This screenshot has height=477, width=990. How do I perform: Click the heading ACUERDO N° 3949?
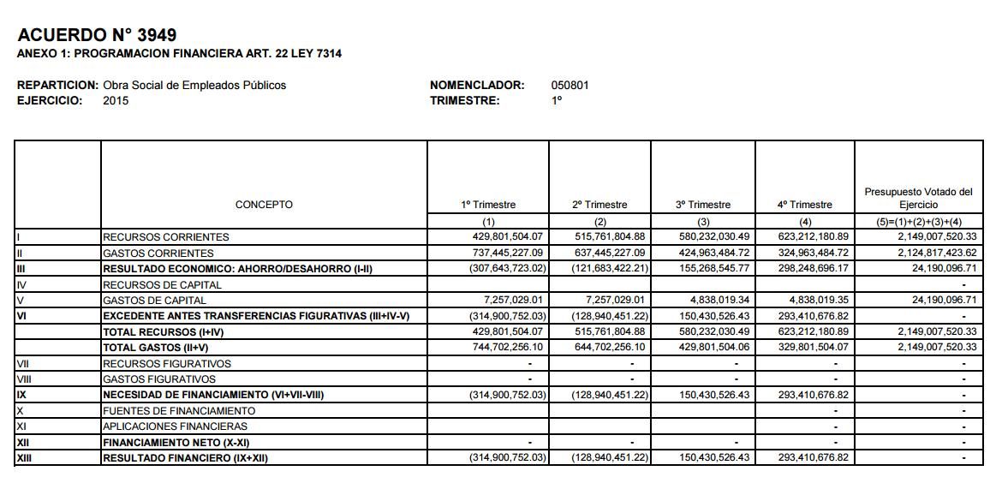tap(97, 35)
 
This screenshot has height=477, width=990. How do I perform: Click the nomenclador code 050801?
tap(570, 86)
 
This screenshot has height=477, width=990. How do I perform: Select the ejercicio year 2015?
tap(116, 101)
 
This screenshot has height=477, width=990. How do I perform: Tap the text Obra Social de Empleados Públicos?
tap(194, 86)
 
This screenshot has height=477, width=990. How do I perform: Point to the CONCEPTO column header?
tap(264, 205)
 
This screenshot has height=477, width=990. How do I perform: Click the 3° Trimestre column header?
tap(703, 205)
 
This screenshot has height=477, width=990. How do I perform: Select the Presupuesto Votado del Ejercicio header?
tap(918, 199)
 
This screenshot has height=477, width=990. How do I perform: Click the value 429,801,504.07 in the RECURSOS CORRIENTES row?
tap(508, 236)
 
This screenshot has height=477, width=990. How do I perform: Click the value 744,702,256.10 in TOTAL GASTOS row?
tap(508, 348)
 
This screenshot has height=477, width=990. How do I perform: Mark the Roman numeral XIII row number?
tap(23, 458)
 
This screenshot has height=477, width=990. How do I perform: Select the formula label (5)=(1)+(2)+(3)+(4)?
tap(918, 221)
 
